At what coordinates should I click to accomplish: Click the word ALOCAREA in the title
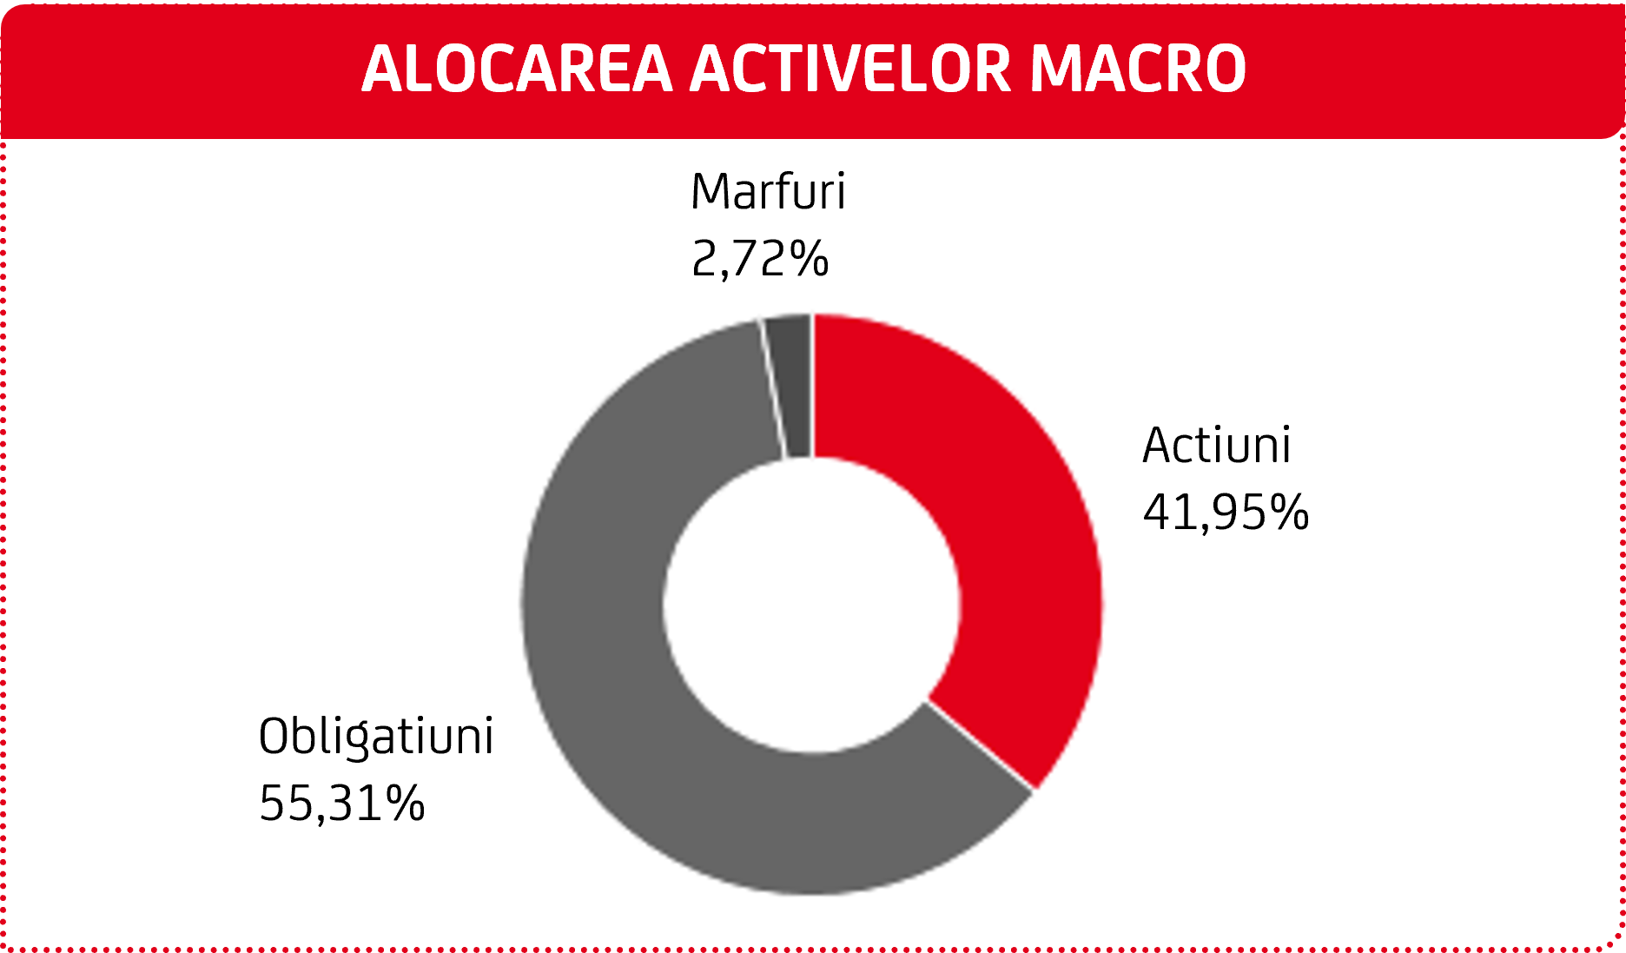[517, 69]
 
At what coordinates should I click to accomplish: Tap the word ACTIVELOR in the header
[851, 69]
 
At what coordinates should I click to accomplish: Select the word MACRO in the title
[1139, 69]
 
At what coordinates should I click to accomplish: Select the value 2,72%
[760, 259]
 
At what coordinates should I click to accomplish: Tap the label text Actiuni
[1216, 445]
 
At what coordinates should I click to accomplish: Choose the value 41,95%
[1226, 512]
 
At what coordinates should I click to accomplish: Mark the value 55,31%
[342, 803]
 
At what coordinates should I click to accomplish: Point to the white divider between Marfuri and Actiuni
[813, 387]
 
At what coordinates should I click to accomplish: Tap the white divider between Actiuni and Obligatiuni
[981, 745]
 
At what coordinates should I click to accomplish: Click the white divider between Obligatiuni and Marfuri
[773, 389]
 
